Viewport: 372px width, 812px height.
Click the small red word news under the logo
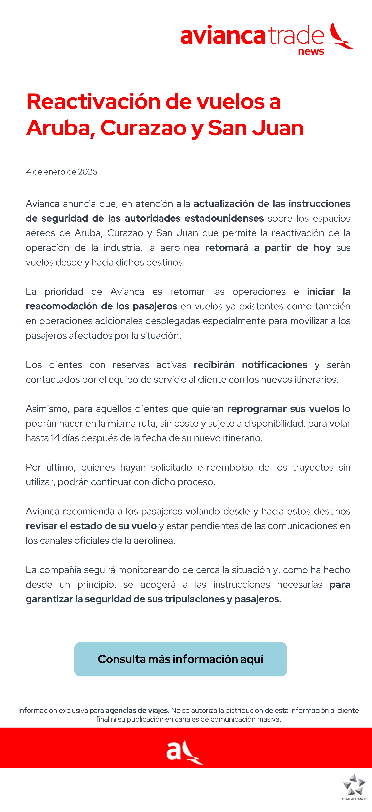tap(311, 51)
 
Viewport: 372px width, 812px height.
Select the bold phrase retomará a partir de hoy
tap(268, 248)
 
